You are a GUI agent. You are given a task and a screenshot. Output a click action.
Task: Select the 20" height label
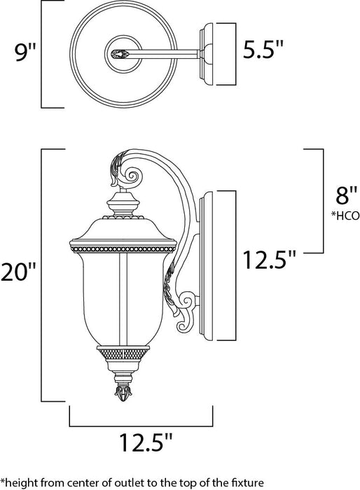pos(20,272)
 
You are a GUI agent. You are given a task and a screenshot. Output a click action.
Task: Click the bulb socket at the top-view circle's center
pos(118,51)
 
